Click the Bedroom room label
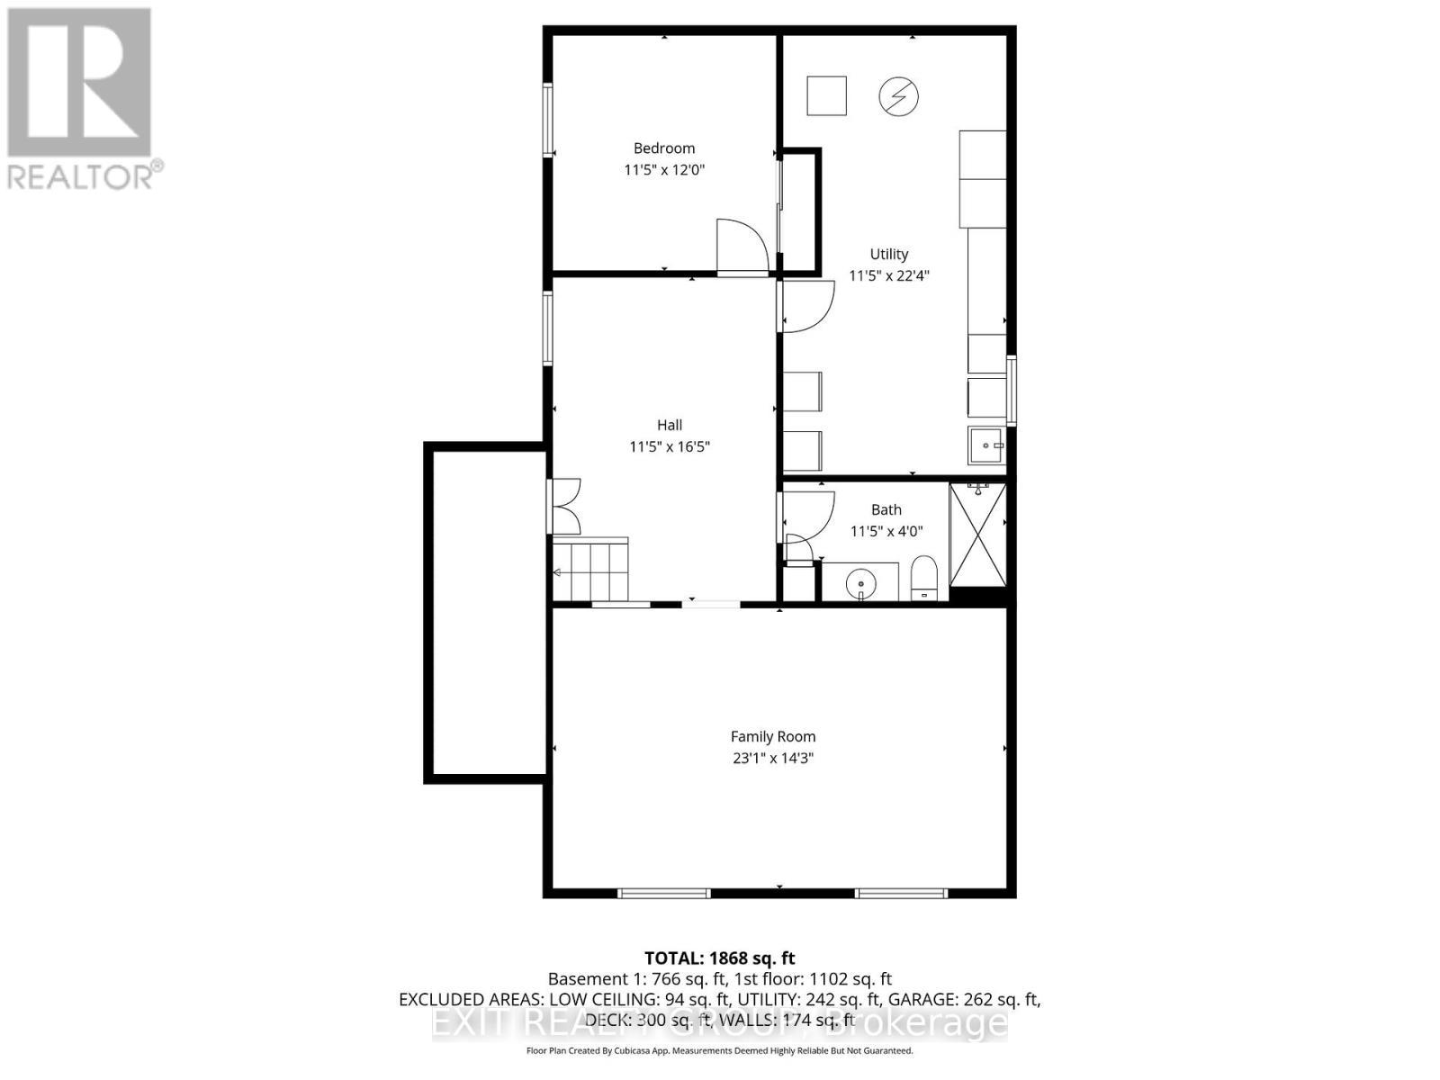coord(664,148)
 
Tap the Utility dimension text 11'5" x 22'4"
coord(889,275)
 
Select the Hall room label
coord(670,425)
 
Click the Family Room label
coord(773,736)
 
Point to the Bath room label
coord(886,509)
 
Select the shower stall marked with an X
coord(978,535)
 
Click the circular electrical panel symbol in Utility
coord(898,96)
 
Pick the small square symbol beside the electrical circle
coord(826,96)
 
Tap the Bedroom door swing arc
coord(741,245)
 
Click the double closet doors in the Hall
coord(565,506)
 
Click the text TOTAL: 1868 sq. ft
coord(720,958)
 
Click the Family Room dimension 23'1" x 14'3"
coord(773,758)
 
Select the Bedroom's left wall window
coord(547,120)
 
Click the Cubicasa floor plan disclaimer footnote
coord(720,1050)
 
